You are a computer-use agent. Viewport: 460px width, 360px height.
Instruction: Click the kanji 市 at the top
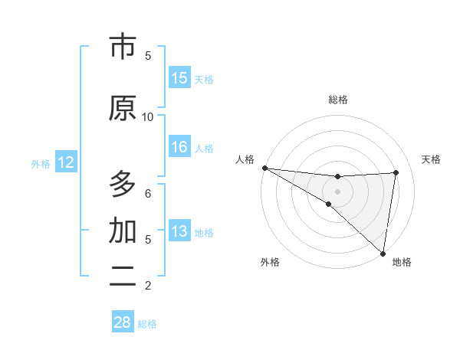tap(123, 47)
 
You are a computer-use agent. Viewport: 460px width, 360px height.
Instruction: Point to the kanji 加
tap(123, 231)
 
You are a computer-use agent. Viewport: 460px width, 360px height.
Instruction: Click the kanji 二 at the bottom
tap(123, 276)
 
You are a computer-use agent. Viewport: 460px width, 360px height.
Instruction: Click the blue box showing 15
tap(179, 78)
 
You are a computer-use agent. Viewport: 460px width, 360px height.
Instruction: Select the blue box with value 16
tap(179, 147)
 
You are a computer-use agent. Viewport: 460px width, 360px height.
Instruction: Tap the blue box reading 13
tap(179, 231)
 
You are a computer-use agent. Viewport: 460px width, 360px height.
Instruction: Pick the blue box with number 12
tap(66, 162)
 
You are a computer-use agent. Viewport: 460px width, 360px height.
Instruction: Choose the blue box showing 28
tap(123, 322)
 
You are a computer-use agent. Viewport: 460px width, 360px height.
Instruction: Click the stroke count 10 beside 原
tap(148, 116)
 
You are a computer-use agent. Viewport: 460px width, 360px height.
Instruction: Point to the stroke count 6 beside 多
tap(148, 193)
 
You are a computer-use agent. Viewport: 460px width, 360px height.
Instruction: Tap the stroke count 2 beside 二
tap(148, 285)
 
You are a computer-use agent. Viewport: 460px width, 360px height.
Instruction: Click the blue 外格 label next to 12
tap(41, 163)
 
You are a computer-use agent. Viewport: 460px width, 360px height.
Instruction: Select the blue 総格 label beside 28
tap(147, 323)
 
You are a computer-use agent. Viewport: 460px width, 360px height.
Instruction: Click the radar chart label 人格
tap(245, 159)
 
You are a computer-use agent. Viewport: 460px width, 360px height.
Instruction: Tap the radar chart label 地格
tap(401, 262)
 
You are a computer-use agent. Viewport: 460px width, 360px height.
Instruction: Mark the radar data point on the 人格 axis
tap(264, 168)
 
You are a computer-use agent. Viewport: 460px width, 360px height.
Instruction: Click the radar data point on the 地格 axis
tap(383, 253)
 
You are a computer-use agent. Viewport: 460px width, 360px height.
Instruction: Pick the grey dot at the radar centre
tap(337, 191)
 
